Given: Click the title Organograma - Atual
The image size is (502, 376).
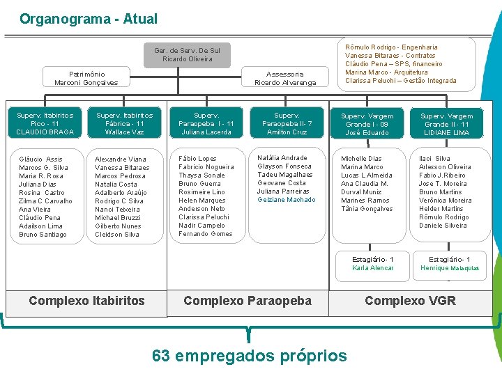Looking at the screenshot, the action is (89, 19).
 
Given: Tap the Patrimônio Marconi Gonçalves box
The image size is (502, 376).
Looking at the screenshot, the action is (86, 78).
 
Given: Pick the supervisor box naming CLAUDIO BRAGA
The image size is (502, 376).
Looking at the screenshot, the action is (45, 123).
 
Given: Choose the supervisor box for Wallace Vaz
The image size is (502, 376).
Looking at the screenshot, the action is (125, 123).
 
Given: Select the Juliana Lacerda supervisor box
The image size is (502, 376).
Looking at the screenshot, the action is (206, 123).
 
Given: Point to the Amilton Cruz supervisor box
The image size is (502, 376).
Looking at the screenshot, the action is (287, 123).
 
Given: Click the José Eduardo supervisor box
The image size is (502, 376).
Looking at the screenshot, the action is (367, 124).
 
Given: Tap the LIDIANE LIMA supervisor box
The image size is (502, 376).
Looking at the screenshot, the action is (447, 124).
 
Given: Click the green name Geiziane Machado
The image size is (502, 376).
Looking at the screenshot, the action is (286, 200).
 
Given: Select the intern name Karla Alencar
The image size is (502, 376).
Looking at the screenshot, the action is (373, 268).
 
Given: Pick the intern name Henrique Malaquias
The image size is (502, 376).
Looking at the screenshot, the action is (450, 268).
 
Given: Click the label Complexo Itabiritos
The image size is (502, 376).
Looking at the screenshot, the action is (86, 301).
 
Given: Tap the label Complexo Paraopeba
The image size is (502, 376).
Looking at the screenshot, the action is (248, 301).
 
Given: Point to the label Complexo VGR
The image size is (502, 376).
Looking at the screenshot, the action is (410, 301).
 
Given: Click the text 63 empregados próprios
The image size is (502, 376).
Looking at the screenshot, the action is (249, 356).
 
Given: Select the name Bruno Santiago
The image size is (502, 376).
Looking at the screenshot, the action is (43, 235).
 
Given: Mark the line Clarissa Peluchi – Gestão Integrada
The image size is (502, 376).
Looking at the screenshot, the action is (400, 81).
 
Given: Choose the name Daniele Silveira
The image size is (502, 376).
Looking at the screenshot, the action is (443, 226).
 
